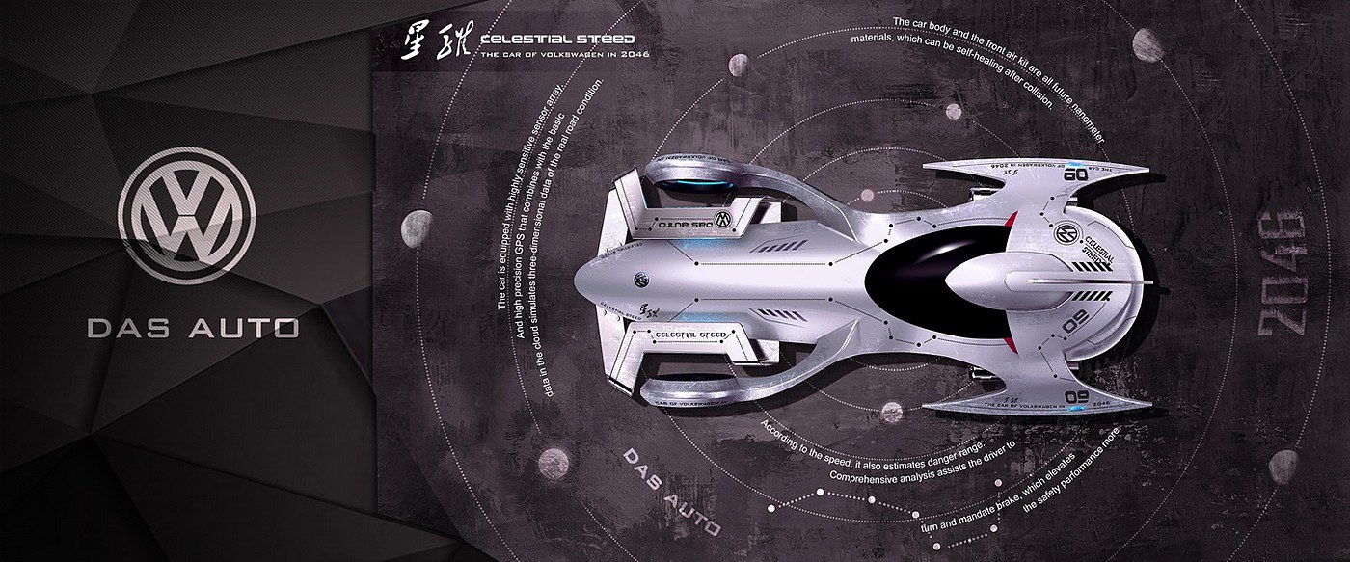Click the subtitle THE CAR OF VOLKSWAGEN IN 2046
(563, 54)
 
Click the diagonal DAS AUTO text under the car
(670, 491)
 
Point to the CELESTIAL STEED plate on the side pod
(689, 335)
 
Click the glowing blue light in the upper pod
(696, 183)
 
